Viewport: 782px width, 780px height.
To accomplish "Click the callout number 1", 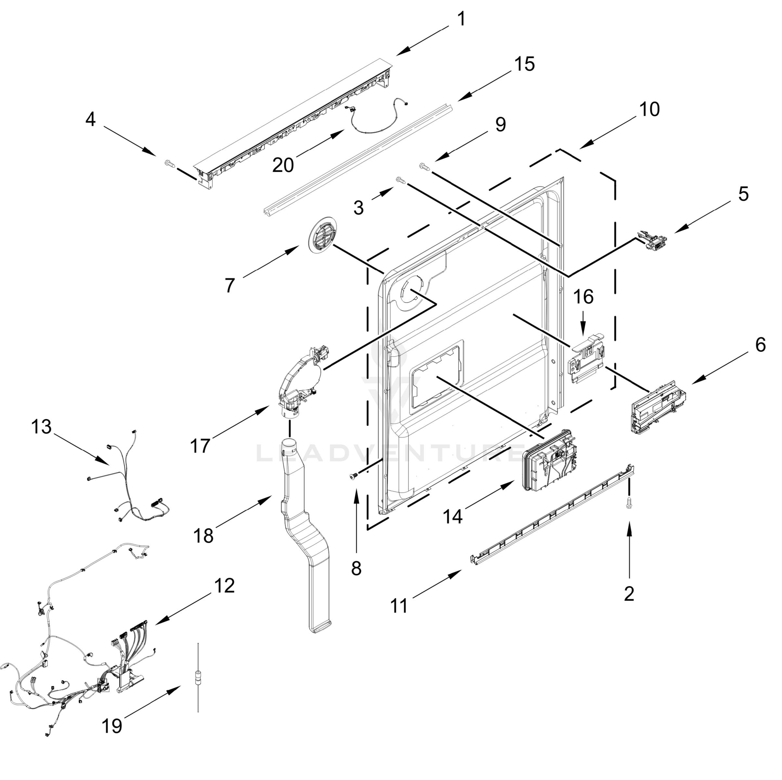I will [461, 19].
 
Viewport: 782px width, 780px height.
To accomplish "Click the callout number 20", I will [283, 165].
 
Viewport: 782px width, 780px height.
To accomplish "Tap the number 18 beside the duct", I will [203, 536].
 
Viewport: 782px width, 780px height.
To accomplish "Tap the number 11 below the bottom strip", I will [399, 606].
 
